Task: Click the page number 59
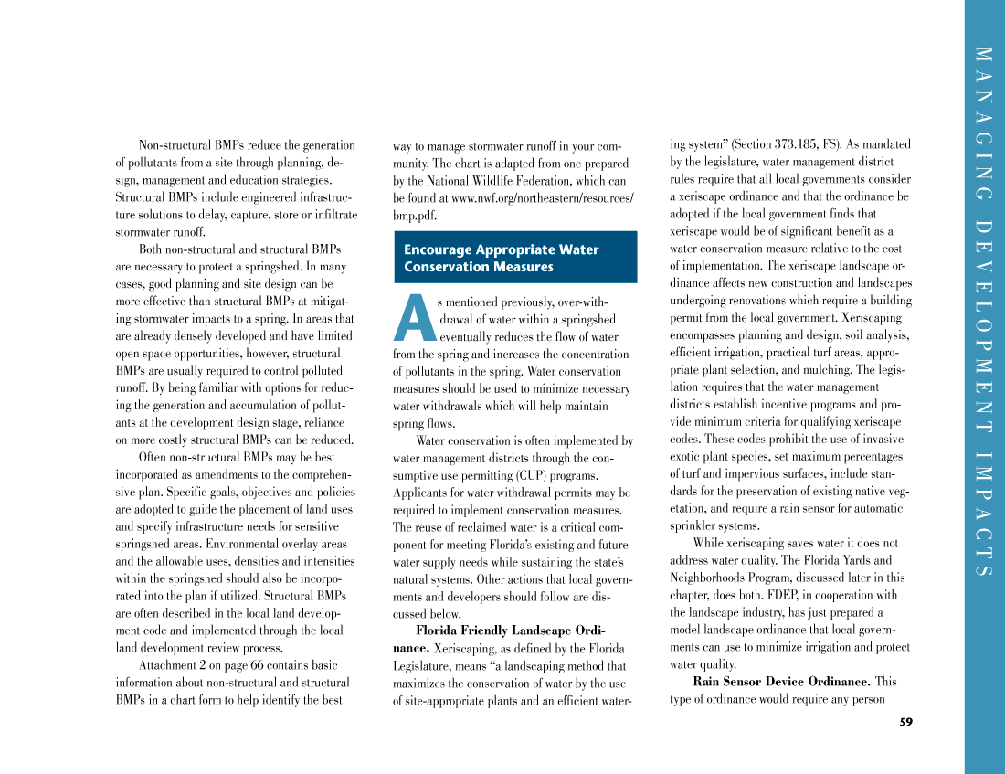[x=905, y=722]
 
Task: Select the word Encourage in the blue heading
[x=438, y=249]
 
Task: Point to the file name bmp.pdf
[x=415, y=215]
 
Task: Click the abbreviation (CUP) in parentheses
[x=538, y=476]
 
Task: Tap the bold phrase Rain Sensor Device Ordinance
[x=781, y=682]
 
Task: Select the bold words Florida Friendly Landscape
[x=492, y=631]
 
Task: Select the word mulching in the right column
[x=826, y=370]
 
